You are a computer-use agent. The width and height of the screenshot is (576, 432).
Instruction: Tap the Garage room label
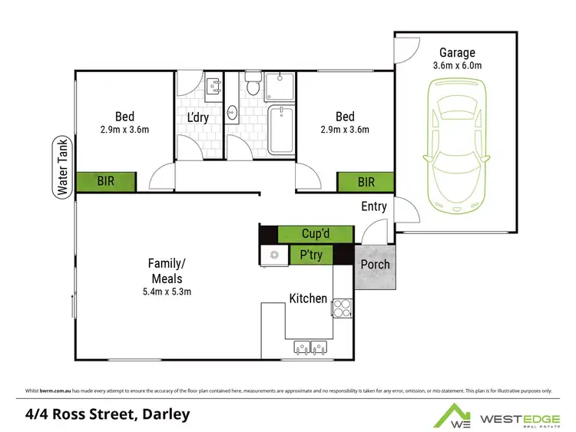(x=458, y=53)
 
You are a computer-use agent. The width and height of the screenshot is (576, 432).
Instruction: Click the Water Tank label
(x=59, y=167)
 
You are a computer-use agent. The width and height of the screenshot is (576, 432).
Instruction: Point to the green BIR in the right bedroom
(x=366, y=182)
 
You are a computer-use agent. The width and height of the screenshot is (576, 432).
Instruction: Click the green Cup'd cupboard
(x=315, y=234)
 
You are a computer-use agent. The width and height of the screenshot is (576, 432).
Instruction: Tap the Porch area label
(x=375, y=265)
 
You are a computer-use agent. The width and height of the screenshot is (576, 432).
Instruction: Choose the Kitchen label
(x=308, y=298)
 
